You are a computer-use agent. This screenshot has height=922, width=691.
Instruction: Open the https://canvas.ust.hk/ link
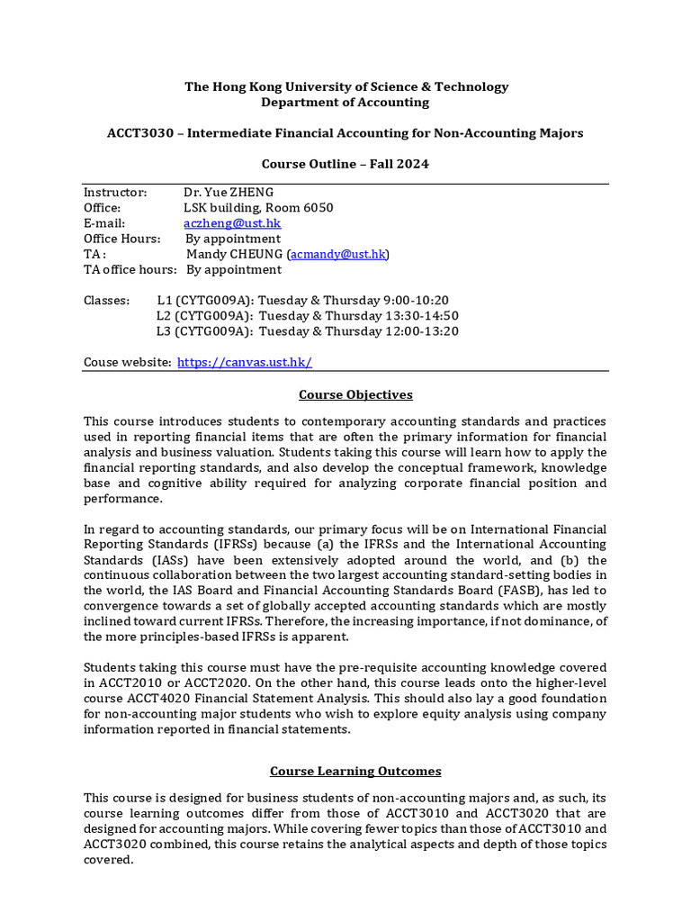[245, 362]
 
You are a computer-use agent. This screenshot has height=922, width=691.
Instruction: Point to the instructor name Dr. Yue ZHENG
[229, 193]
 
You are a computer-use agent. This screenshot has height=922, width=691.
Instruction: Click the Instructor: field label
[115, 193]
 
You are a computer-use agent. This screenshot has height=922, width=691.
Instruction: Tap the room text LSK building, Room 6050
[258, 208]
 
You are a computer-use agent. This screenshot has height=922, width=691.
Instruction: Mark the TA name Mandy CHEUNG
[234, 255]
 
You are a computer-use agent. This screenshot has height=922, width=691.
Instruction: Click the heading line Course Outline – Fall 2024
[345, 164]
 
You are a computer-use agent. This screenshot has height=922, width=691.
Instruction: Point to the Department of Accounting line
[345, 103]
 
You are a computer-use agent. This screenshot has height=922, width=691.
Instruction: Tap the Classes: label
[106, 301]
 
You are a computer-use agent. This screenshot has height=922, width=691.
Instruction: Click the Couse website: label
[127, 362]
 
